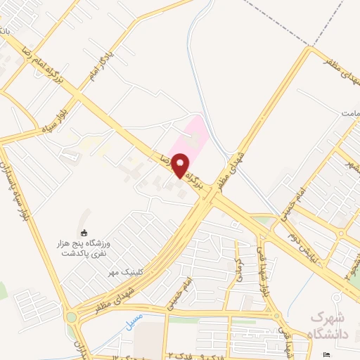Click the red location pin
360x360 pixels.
click(x=181, y=167)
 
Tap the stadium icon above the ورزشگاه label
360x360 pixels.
click(x=84, y=233)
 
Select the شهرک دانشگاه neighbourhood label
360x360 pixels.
click(x=334, y=326)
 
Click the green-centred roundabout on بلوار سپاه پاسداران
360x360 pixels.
click(x=71, y=317)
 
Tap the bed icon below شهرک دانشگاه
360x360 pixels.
click(x=325, y=354)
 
